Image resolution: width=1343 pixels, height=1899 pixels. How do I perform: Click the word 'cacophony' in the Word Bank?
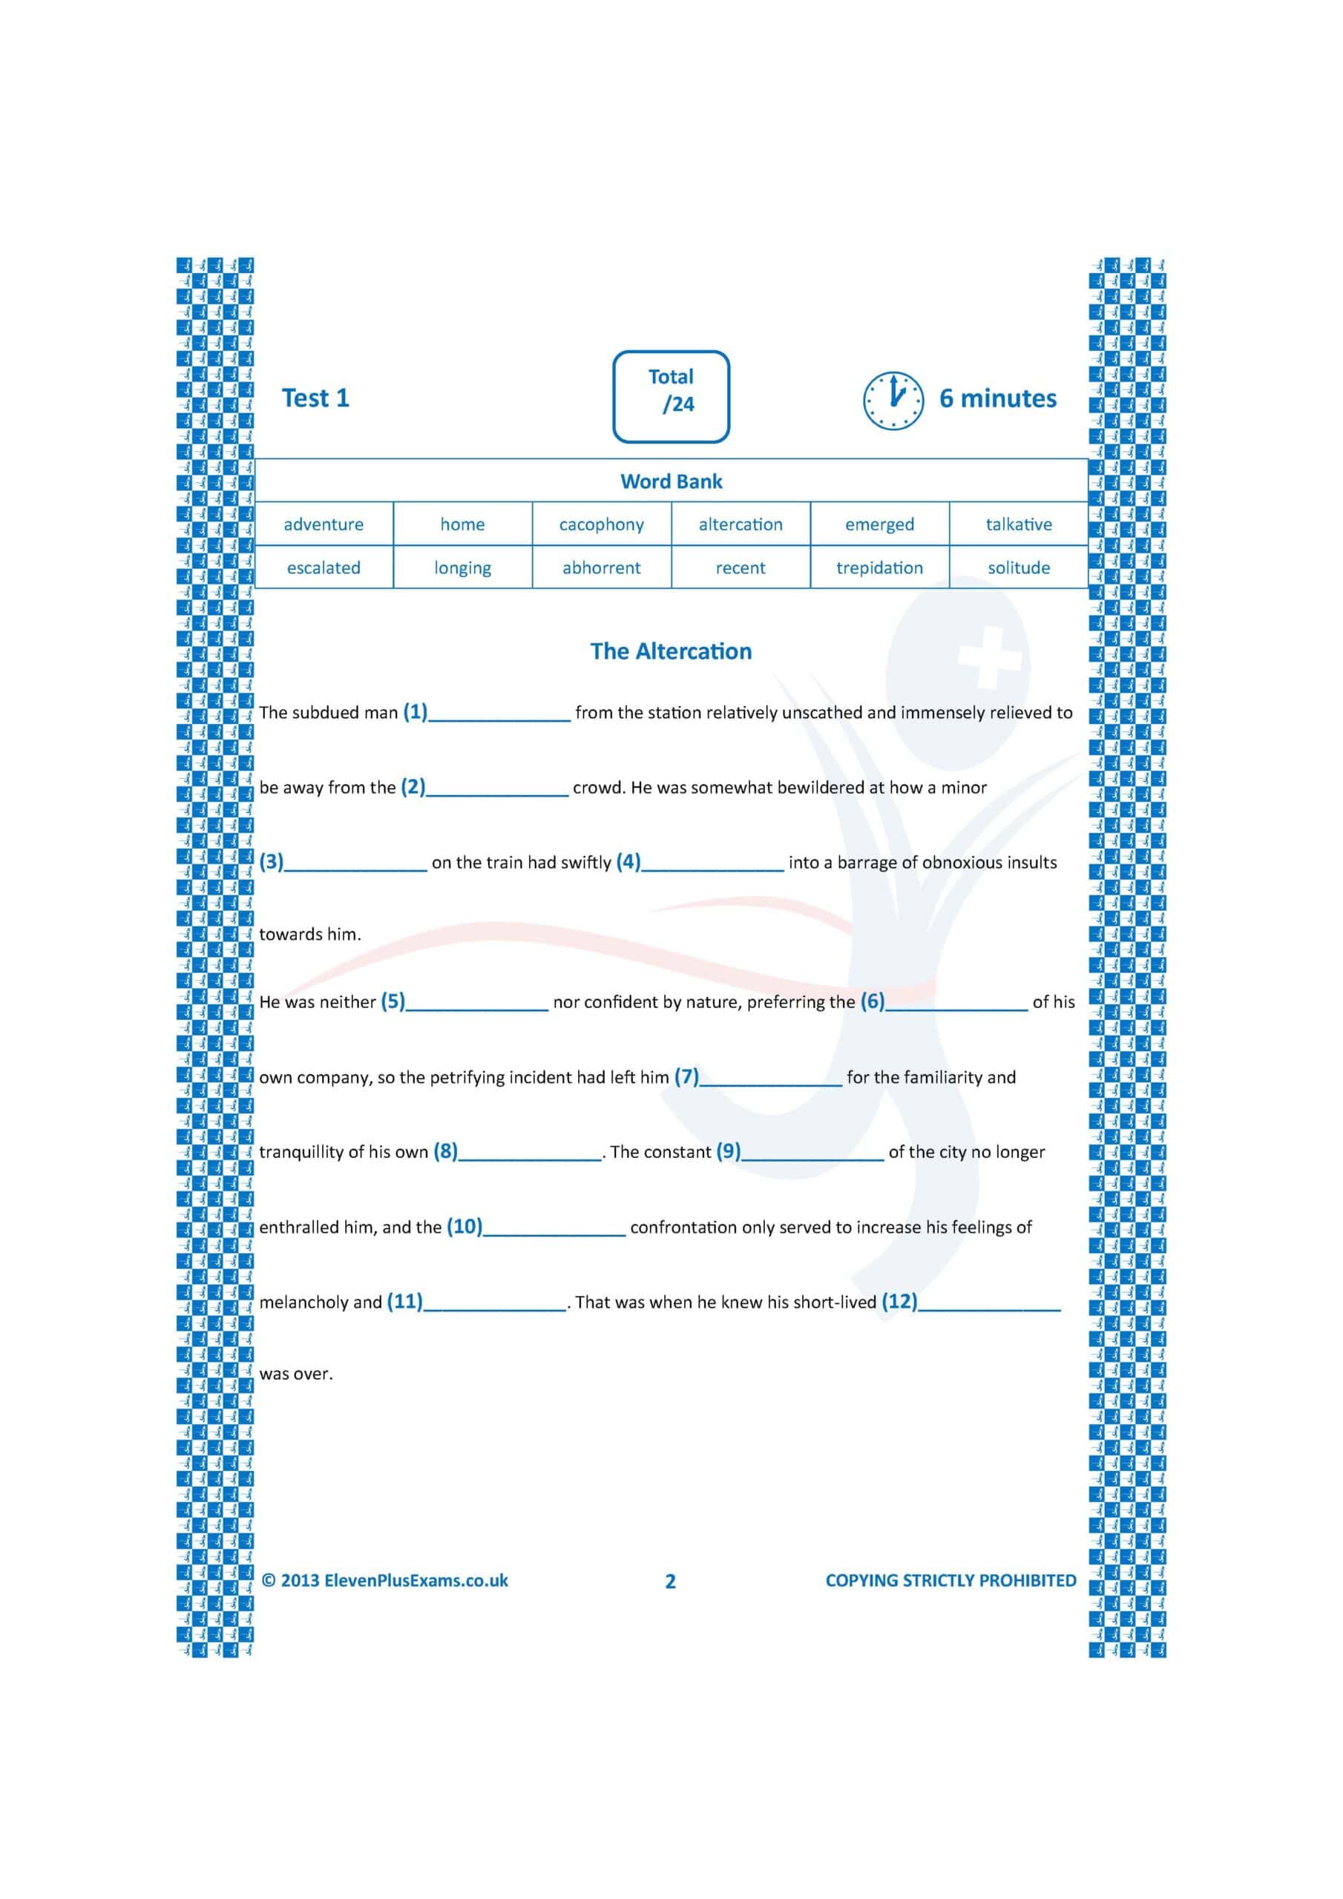tap(601, 524)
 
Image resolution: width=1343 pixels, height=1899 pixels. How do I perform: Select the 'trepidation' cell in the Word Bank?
tap(879, 567)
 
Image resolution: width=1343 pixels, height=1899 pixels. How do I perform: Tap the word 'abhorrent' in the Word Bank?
tap(601, 567)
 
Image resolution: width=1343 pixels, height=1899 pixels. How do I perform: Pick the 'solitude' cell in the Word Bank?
tap(1018, 567)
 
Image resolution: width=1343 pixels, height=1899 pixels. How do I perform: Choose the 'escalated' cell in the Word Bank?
tap(324, 567)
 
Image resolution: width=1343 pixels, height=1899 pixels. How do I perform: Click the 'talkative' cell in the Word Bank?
tap(1018, 524)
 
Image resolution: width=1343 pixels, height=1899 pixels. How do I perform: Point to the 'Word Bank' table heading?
tap(671, 481)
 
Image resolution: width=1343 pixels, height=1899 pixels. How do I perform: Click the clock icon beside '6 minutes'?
tap(893, 401)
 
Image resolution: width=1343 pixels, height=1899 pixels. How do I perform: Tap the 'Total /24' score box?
tap(671, 396)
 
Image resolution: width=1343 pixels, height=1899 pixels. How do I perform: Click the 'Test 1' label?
tap(315, 398)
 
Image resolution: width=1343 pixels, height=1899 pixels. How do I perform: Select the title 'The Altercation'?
tap(671, 651)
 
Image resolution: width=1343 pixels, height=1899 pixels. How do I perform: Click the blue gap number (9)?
tap(728, 1151)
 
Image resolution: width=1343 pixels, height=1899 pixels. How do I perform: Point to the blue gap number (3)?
tap(272, 861)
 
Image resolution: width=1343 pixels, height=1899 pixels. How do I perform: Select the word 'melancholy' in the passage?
tap(303, 1302)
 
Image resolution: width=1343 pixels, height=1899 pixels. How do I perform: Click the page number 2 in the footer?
tap(670, 1582)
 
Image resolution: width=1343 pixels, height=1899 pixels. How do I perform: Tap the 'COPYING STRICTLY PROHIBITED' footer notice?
tap(950, 1580)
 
